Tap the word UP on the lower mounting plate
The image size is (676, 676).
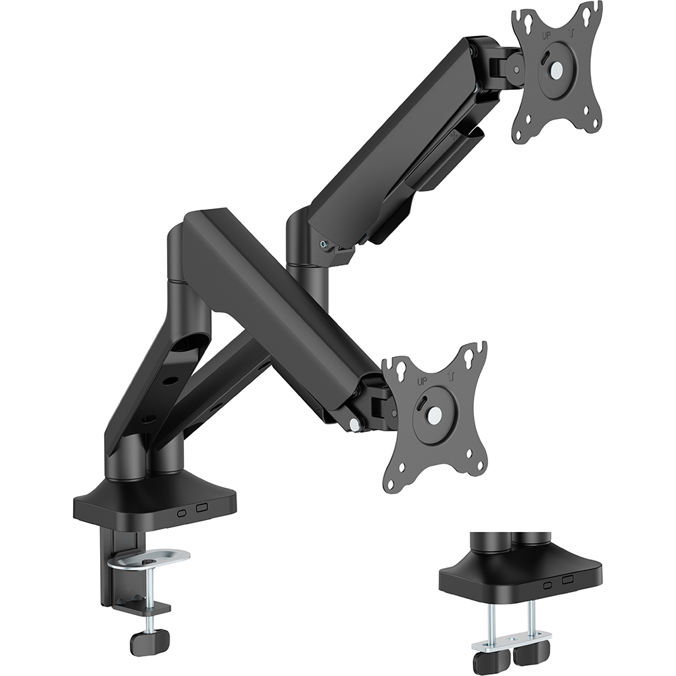(422, 381)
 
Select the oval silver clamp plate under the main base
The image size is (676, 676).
(150, 558)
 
